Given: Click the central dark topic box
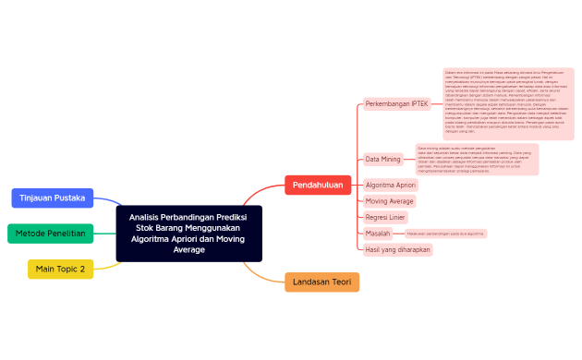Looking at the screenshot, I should [189, 233].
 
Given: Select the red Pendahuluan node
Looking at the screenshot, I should [318, 186].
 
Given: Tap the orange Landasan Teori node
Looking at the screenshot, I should [321, 282].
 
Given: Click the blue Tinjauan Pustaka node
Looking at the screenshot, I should [53, 198].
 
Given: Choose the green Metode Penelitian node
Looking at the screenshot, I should [51, 234].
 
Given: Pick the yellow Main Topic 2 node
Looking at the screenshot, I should [60, 269].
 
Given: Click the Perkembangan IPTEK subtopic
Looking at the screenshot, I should [397, 103].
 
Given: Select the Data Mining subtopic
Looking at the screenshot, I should [383, 159].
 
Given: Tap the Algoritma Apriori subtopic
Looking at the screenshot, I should [391, 185].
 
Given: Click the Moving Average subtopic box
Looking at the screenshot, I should [390, 200].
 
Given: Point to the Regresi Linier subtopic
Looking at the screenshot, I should [386, 217].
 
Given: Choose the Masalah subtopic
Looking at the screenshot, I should [378, 234].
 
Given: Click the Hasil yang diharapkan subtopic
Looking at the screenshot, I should [398, 249].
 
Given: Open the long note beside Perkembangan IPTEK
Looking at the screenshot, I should [508, 103].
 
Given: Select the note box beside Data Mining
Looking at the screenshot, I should [477, 159].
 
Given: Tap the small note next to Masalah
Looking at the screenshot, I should [445, 234].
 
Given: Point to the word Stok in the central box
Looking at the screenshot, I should [144, 227].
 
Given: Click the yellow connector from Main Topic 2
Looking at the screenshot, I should [109, 267].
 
